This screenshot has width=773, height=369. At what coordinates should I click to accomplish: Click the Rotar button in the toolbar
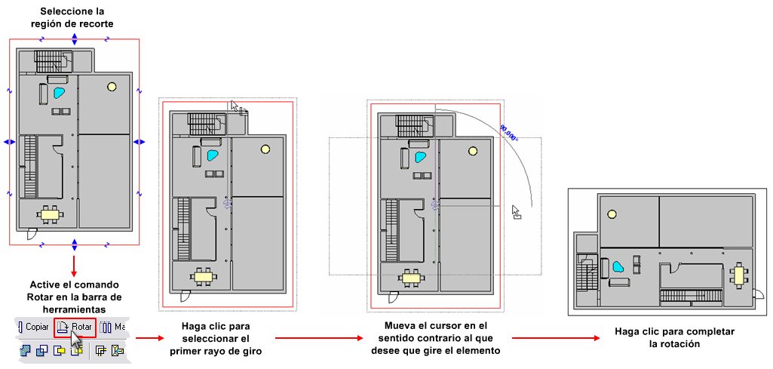point(74,327)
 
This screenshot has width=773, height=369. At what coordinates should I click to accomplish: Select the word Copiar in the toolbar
point(36,327)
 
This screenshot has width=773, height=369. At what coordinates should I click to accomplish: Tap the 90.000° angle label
point(509,134)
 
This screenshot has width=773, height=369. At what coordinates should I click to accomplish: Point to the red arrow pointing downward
point(74,266)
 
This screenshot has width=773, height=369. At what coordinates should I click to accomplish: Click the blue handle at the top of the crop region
point(74,39)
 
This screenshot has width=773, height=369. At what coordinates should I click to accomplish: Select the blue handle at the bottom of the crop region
point(74,244)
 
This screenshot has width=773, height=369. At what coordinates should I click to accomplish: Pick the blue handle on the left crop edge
point(9,142)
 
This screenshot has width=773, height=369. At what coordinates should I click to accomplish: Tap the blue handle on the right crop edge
point(140,142)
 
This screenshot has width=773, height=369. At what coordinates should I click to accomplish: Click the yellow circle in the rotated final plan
point(612,214)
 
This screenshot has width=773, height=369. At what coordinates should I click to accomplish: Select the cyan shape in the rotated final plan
point(617,267)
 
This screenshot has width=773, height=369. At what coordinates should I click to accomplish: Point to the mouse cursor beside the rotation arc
point(516,211)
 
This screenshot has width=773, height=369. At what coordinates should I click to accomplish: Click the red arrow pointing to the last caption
point(556,338)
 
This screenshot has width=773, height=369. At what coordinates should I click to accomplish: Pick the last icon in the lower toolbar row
point(117,351)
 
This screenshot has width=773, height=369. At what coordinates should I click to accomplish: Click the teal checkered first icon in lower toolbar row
point(25,351)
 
